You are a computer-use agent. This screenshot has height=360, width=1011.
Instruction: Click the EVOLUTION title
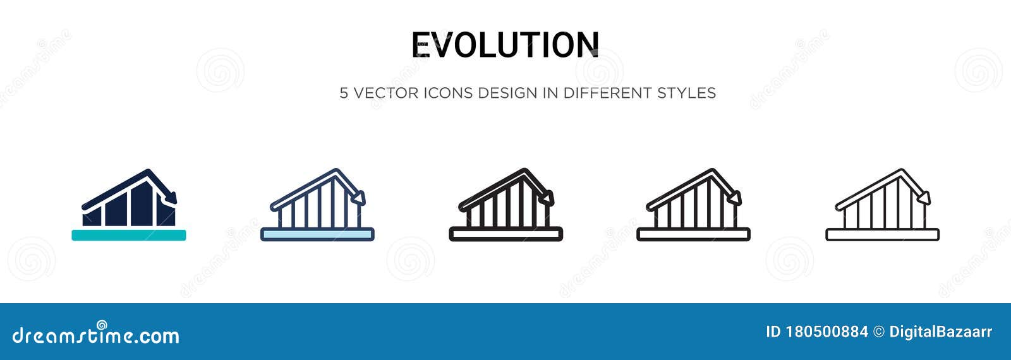505,45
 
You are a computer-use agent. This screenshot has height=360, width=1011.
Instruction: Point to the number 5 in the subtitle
344,93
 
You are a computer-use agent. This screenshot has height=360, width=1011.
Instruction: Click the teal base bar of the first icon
129,235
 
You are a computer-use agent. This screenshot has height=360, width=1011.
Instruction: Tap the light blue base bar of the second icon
317,234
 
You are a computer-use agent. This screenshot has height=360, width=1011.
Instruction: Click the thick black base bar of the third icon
505,234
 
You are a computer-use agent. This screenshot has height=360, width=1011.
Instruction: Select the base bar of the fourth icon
693,234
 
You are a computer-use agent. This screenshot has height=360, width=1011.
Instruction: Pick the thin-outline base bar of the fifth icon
882,234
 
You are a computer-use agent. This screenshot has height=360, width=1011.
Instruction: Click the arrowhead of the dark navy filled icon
171,198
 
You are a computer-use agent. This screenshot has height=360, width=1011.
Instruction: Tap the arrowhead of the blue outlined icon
360,198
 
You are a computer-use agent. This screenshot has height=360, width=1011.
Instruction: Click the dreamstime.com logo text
95,335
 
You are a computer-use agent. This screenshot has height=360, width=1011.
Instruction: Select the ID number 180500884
827,332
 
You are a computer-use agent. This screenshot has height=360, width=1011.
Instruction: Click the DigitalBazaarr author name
940,332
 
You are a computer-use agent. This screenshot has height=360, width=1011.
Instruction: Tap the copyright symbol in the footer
878,332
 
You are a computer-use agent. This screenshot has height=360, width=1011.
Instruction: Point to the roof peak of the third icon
524,171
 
